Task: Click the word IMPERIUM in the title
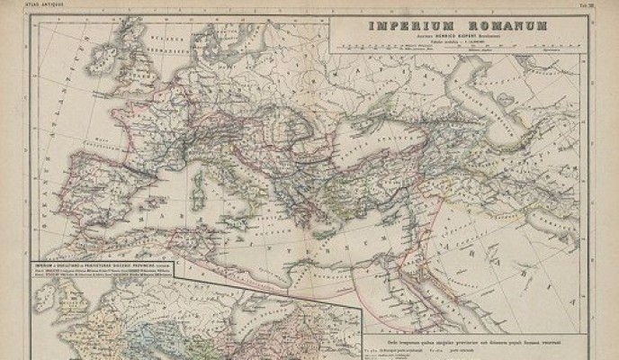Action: point(403,26)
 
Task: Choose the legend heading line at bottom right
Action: point(477,336)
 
